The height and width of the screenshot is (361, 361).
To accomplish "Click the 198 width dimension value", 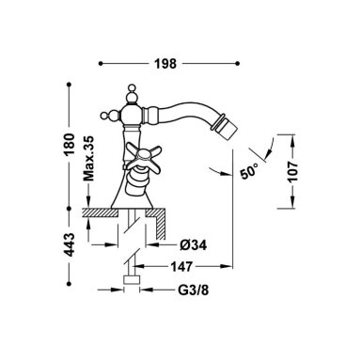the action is pyautogui.click(x=165, y=64).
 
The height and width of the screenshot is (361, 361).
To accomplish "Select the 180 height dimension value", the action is pyautogui.click(x=70, y=145).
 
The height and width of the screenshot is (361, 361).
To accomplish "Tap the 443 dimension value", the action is pyautogui.click(x=70, y=244).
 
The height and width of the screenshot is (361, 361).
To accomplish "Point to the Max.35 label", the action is pyautogui.click(x=88, y=159).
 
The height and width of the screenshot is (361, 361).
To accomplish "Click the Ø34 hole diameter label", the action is pyautogui.click(x=194, y=245).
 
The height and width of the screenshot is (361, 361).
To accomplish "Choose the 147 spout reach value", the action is pyautogui.click(x=181, y=267).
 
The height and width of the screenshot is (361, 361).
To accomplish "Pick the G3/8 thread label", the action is pyautogui.click(x=194, y=290).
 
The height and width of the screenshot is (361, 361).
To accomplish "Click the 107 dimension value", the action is pyautogui.click(x=293, y=172).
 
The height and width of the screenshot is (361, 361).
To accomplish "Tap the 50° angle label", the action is pyautogui.click(x=249, y=171).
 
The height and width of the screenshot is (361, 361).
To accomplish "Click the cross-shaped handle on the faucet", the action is pyautogui.click(x=140, y=158).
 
